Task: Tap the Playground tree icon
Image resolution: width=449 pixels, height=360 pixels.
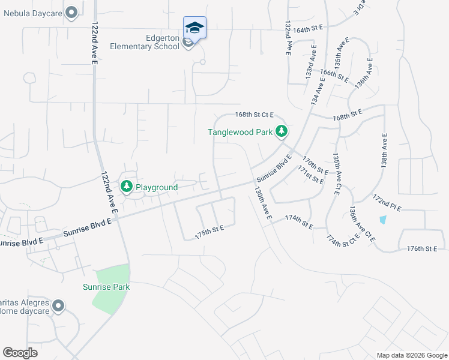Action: (x=127, y=187)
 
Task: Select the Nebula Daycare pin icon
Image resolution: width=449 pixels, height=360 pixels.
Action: (x=72, y=11)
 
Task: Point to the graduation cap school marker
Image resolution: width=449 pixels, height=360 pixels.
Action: (x=194, y=28)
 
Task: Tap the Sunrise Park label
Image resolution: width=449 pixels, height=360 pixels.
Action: (x=106, y=287)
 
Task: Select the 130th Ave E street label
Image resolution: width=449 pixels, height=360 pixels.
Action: (x=264, y=202)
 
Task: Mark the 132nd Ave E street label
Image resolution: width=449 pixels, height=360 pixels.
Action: (x=288, y=37)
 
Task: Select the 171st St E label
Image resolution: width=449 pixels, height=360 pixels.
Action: (x=311, y=175)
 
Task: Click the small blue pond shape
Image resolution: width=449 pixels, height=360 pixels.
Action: (x=383, y=219)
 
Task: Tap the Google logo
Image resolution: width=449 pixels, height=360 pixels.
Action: (x=20, y=353)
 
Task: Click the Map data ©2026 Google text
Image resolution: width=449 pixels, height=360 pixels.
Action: (x=411, y=355)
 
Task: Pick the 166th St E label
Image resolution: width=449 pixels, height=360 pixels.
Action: (x=334, y=74)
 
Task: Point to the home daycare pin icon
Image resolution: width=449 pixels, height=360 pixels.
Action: (x=58, y=307)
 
